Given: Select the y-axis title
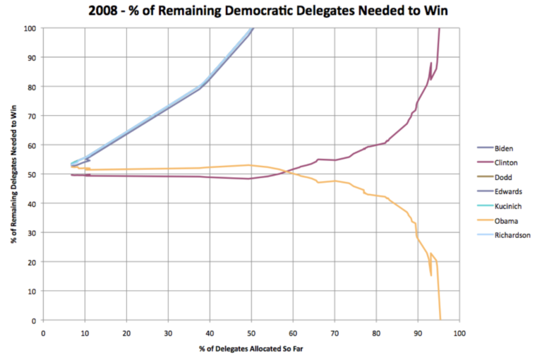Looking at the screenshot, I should pyautogui.click(x=14, y=174).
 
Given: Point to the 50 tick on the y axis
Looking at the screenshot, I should pyautogui.click(x=31, y=174).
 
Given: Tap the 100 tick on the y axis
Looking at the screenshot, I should pyautogui.click(x=29, y=28).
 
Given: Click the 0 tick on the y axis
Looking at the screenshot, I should pyautogui.click(x=33, y=320).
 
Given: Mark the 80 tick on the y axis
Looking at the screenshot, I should pyautogui.click(x=31, y=87).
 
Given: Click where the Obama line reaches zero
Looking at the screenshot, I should pyautogui.click(x=440, y=320).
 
